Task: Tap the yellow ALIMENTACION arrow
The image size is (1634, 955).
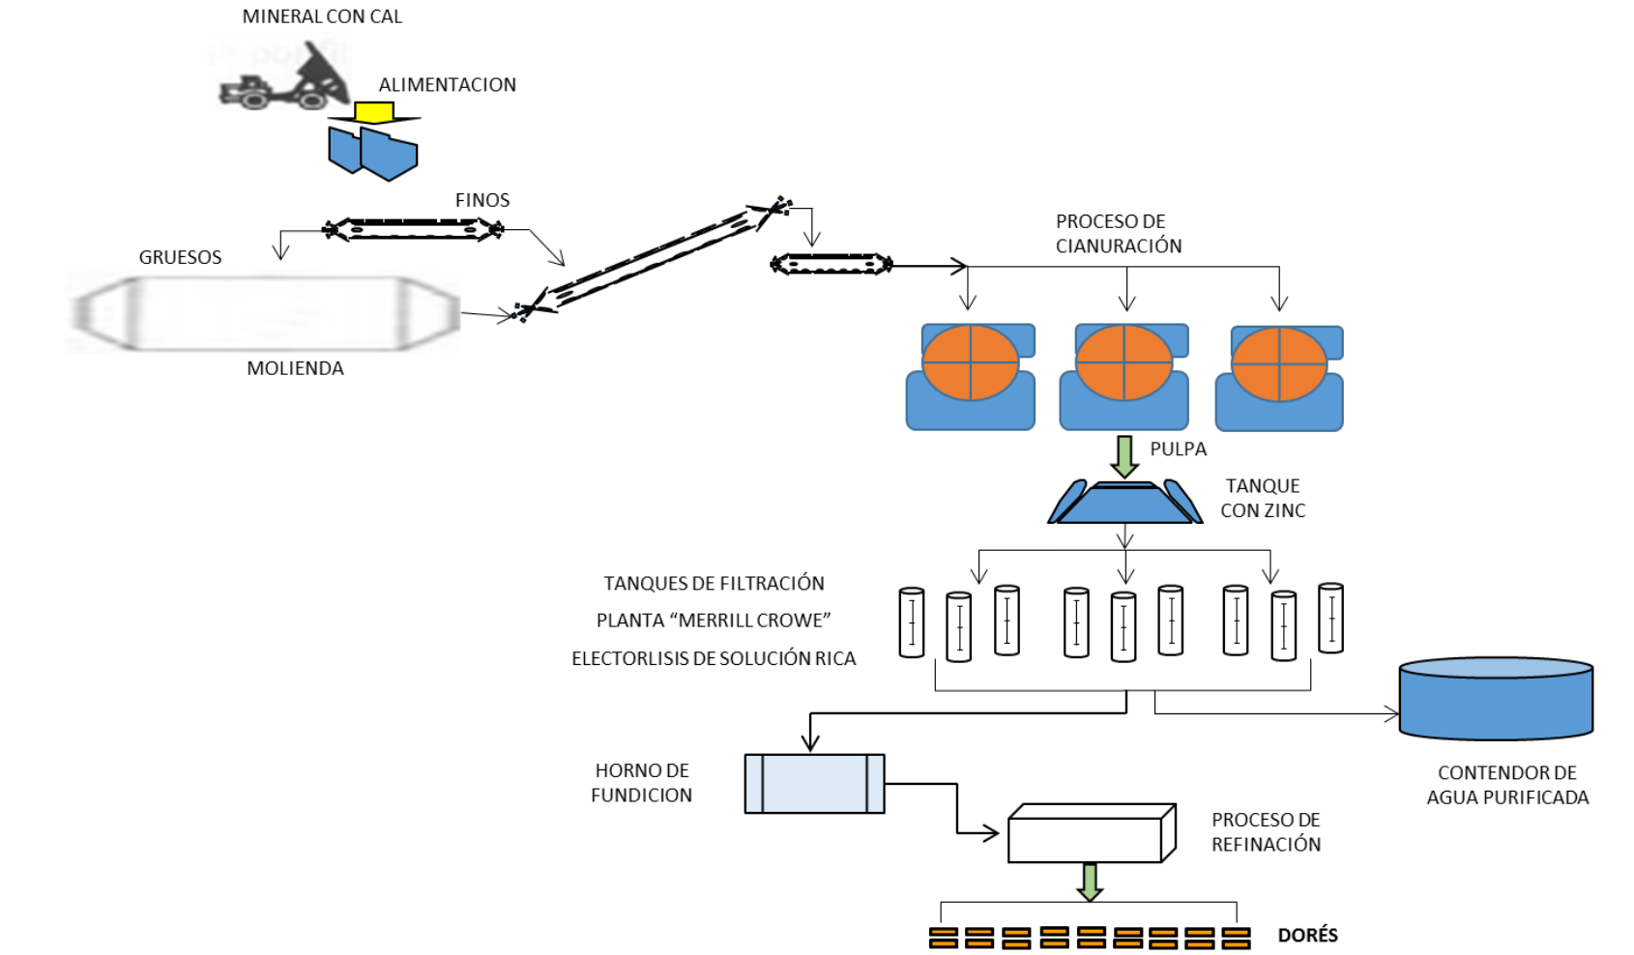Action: point(373,113)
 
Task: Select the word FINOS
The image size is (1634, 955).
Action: point(481,200)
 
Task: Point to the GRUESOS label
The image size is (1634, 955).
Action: point(180,257)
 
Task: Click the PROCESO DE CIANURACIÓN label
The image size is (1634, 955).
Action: point(1118,234)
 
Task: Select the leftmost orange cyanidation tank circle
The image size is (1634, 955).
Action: point(970,362)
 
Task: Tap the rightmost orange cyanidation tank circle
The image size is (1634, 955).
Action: point(1278,364)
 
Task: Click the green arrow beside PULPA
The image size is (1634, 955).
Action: point(1123,456)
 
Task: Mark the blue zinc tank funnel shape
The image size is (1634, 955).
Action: point(1124,503)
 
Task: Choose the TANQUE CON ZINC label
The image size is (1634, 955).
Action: point(1262,498)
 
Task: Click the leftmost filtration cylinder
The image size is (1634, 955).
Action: point(911,622)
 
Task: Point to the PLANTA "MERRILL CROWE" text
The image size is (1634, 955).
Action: point(714,621)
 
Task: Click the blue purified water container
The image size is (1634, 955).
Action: point(1495,698)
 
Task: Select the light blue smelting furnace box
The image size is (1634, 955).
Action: point(814,783)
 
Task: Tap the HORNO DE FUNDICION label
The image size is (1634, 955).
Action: point(642,783)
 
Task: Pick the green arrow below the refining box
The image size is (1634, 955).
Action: point(1090,882)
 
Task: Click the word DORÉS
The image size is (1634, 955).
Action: point(1307,935)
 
